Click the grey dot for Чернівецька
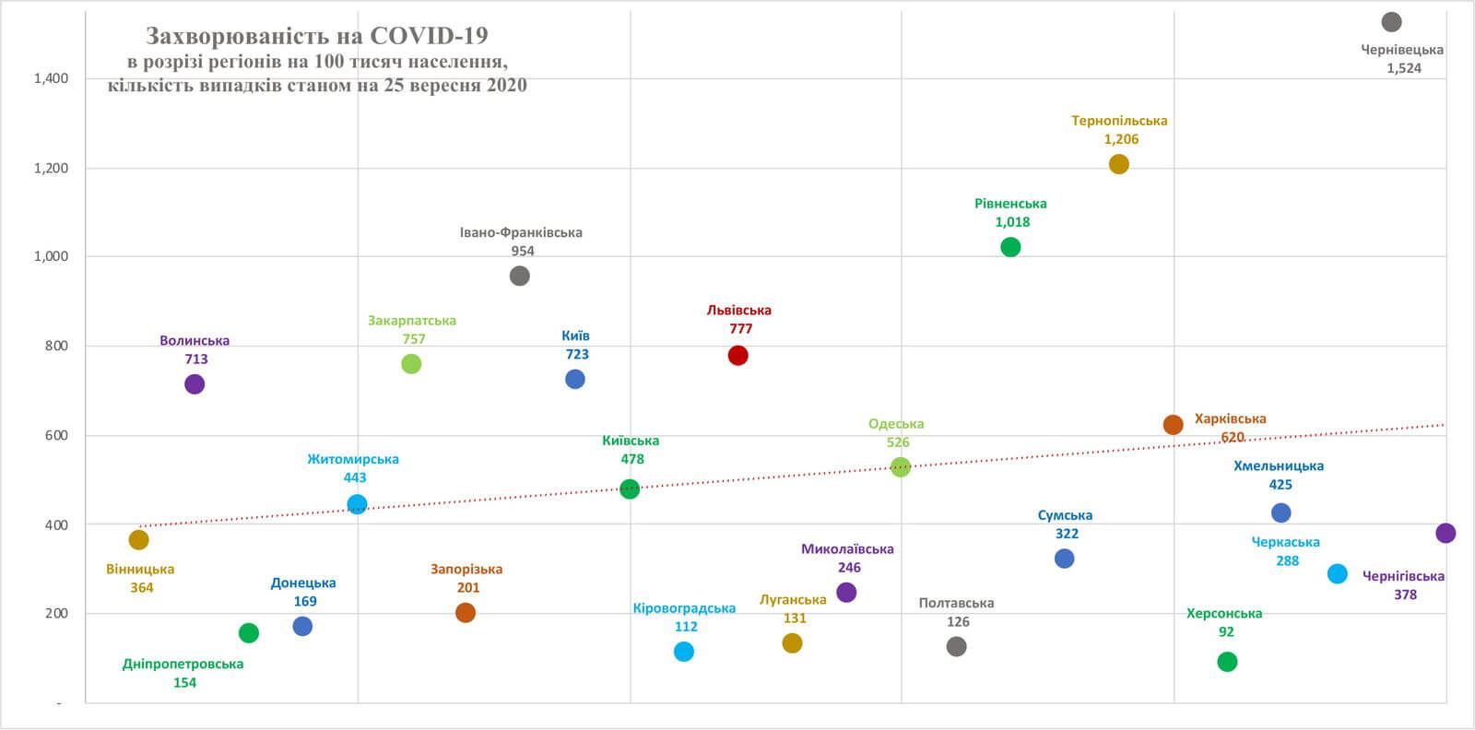click(x=1391, y=22)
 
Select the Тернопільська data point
click(x=1118, y=164)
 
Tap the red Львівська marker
click(x=737, y=356)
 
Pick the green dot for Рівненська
click(x=1010, y=247)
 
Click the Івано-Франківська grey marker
click(x=520, y=276)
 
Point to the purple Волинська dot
click(x=195, y=384)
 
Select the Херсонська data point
click(x=1227, y=662)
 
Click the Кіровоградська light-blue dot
click(x=684, y=652)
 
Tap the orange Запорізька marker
click(x=466, y=613)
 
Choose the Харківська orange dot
click(x=1173, y=425)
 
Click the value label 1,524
click(x=1404, y=68)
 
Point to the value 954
click(x=523, y=251)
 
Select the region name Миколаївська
click(x=847, y=549)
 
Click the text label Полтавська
click(x=956, y=604)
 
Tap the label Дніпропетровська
click(x=183, y=665)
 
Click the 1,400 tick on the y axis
click(x=52, y=78)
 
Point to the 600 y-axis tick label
click(x=57, y=436)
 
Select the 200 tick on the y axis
click(x=57, y=614)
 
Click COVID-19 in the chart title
click(x=429, y=36)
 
